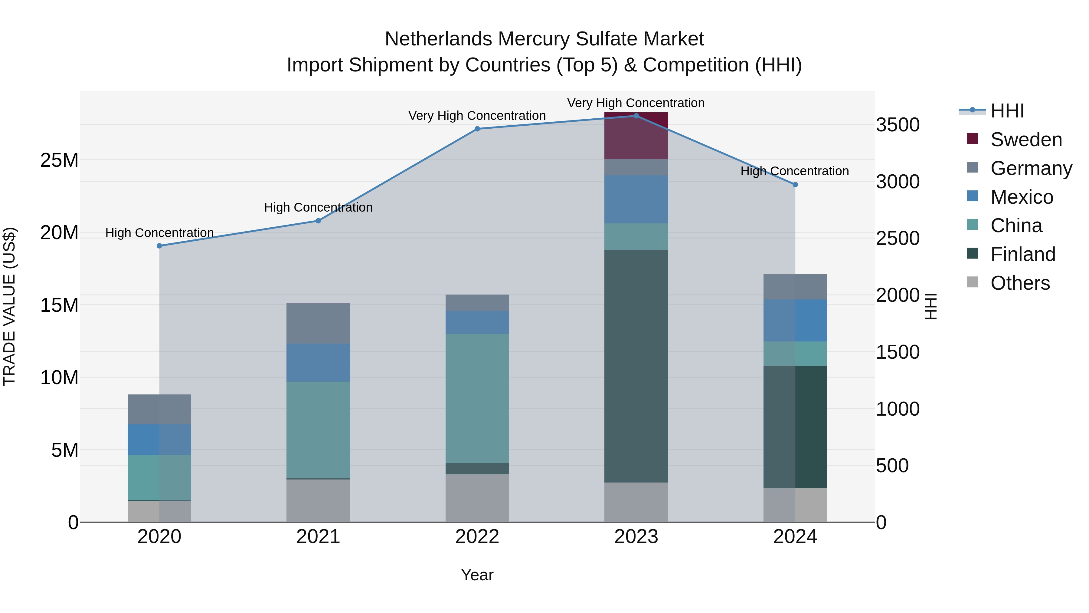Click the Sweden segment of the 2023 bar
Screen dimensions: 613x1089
pos(636,136)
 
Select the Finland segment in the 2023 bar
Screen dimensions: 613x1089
pos(636,366)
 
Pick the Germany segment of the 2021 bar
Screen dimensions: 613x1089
pos(318,323)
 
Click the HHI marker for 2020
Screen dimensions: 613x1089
pos(159,246)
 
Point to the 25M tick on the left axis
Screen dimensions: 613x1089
pos(59,160)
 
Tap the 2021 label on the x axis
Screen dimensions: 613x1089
pos(318,537)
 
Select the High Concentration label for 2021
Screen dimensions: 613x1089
pos(318,207)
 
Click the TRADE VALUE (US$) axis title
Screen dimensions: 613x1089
pos(9,306)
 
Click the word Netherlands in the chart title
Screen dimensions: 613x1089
pos(438,39)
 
